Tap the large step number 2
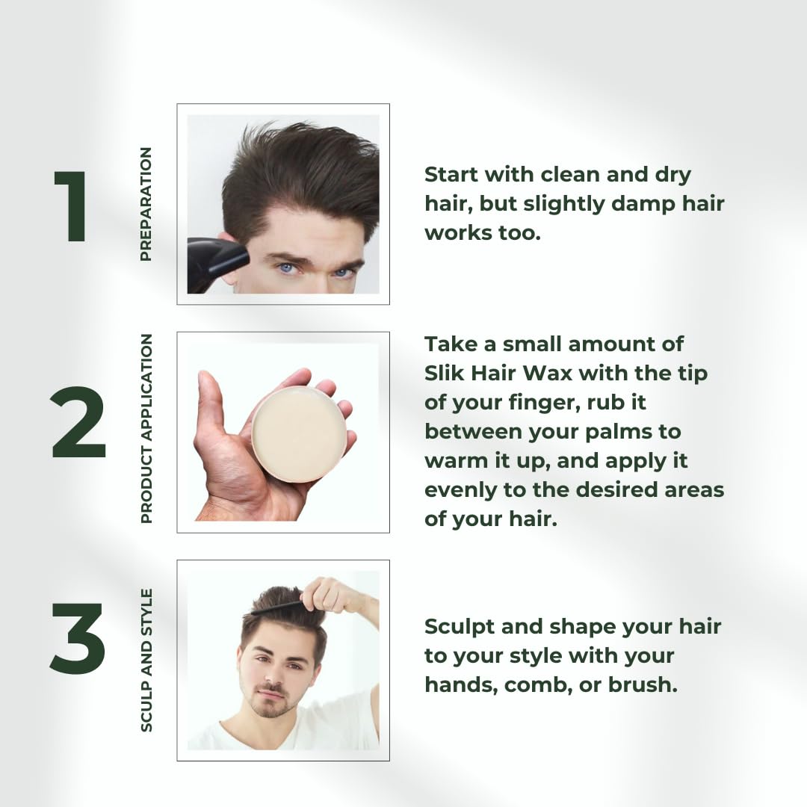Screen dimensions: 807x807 (78, 424)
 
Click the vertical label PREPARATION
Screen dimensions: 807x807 (146, 204)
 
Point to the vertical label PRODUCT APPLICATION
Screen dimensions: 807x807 (146, 428)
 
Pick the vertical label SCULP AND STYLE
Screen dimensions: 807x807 (146, 660)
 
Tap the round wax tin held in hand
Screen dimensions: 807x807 (299, 434)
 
